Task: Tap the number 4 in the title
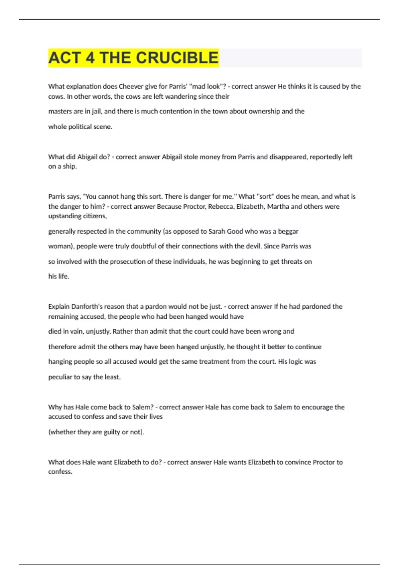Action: pyautogui.click(x=90, y=58)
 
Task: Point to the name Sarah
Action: pyautogui.click(x=216, y=231)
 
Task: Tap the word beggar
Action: pyautogui.click(x=288, y=231)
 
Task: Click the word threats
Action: pyautogui.click(x=291, y=262)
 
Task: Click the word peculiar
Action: pyautogui.click(x=60, y=377)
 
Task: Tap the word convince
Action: pyautogui.click(x=294, y=462)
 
